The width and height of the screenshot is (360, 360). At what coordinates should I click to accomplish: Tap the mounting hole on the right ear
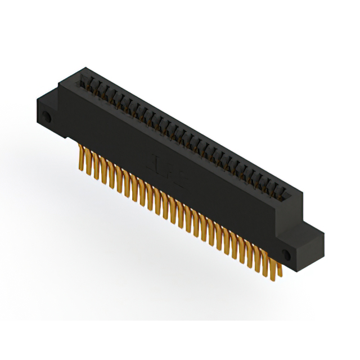pos(285,254)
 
